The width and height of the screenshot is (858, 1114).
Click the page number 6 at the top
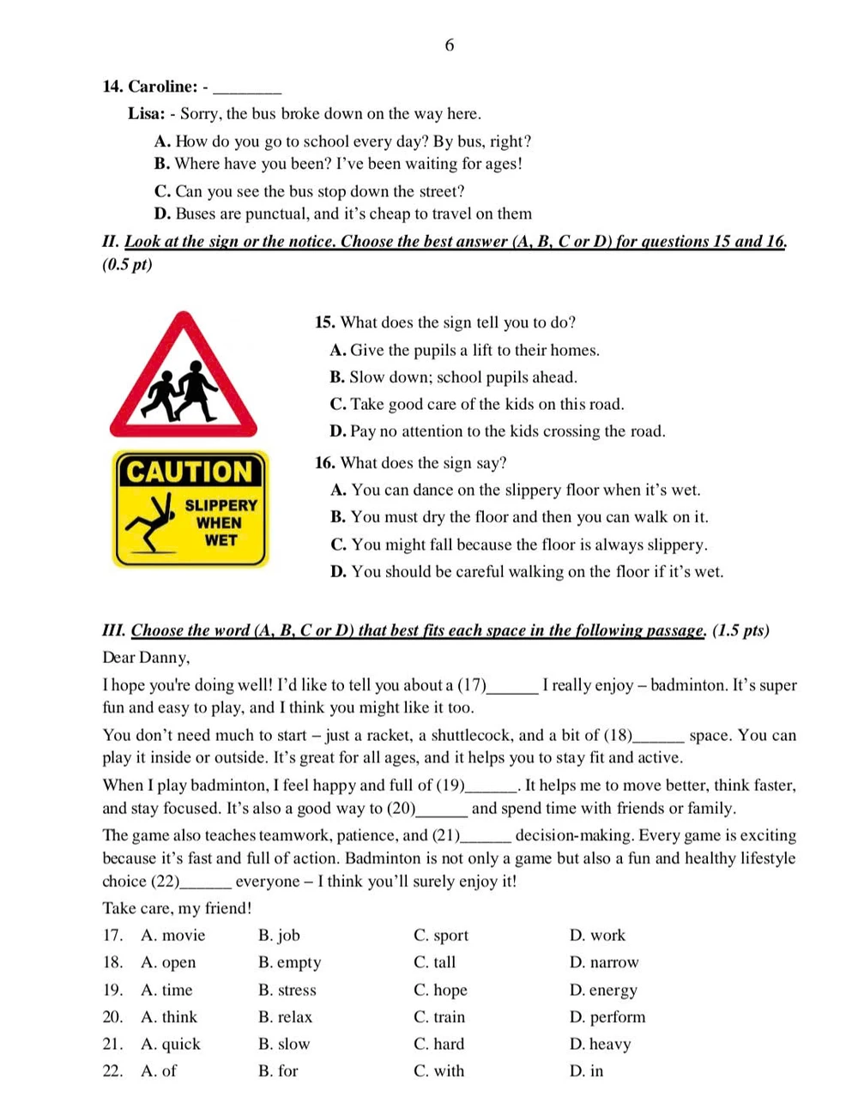click(x=450, y=45)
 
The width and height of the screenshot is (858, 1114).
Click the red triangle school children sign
click(x=184, y=378)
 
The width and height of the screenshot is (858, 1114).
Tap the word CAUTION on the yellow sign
click(x=190, y=472)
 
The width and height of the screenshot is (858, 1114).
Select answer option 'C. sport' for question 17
click(x=441, y=936)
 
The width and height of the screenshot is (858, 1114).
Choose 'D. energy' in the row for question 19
click(x=603, y=991)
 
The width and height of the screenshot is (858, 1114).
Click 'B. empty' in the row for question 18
click(x=289, y=963)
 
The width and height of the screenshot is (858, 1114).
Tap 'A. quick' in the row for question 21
click(x=170, y=1045)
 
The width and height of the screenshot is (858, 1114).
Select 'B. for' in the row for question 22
click(x=278, y=1071)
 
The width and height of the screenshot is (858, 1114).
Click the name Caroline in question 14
click(x=162, y=87)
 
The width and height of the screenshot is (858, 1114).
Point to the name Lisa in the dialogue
click(x=146, y=114)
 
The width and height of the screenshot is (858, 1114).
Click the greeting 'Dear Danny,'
click(x=146, y=658)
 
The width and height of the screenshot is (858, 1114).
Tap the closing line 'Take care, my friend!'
click(x=177, y=908)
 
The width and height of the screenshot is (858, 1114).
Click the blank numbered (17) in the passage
click(x=512, y=686)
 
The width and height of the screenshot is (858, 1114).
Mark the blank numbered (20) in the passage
click(x=442, y=809)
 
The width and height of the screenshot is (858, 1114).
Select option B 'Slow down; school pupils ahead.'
click(x=454, y=377)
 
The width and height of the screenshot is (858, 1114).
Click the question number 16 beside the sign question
click(x=324, y=463)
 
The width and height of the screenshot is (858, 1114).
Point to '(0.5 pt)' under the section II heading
click(x=127, y=264)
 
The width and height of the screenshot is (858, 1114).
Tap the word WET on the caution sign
click(x=221, y=540)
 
